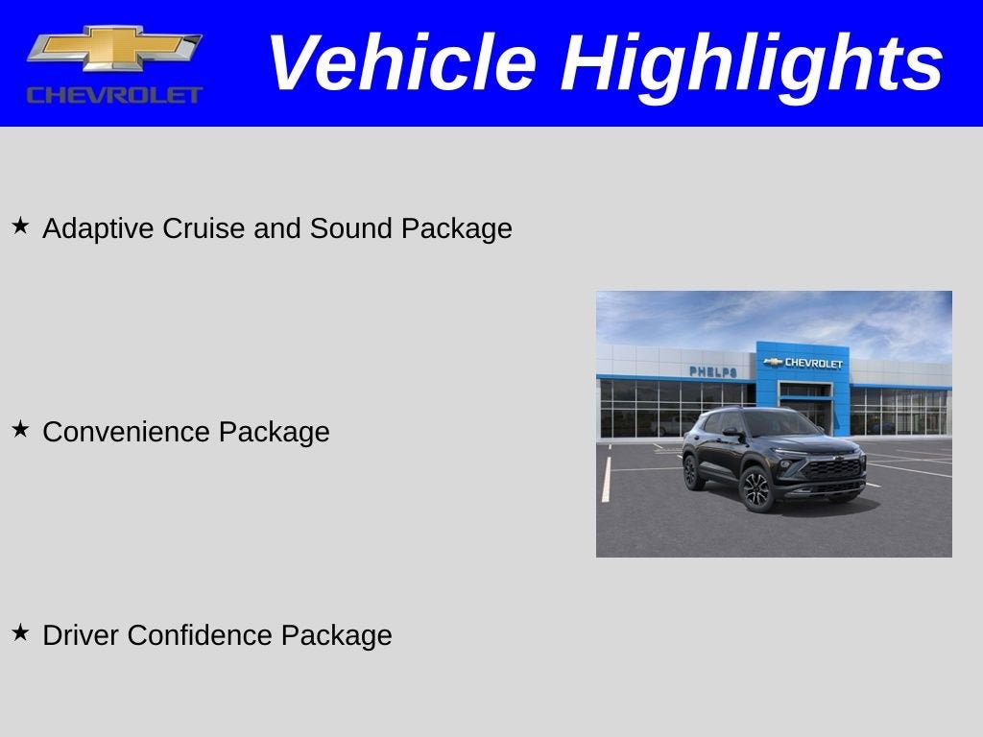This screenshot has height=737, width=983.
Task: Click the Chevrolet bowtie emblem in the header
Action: click(114, 49)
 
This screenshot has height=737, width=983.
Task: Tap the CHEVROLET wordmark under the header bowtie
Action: click(114, 95)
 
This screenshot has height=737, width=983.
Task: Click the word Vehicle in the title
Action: click(400, 63)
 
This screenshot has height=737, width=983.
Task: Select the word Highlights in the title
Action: click(752, 63)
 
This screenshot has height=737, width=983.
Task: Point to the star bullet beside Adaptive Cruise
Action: click(20, 226)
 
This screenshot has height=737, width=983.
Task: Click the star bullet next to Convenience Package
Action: click(20, 430)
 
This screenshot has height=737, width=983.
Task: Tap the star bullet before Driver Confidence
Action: click(20, 633)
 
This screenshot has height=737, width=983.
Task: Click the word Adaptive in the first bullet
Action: click(99, 229)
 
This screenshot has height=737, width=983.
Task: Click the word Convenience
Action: click(127, 432)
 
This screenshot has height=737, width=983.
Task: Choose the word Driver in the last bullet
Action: click(81, 635)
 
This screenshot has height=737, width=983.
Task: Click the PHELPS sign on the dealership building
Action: click(713, 371)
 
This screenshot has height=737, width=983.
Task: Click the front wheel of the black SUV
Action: click(755, 489)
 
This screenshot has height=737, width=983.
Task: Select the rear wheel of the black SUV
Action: click(690, 472)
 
